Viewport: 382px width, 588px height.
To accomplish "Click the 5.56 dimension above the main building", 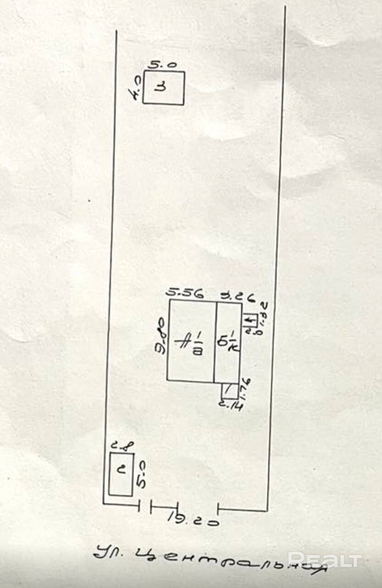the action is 185,293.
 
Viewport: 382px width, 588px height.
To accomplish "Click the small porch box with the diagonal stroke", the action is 229,390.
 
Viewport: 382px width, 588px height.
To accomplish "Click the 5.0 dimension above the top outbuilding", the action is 165,65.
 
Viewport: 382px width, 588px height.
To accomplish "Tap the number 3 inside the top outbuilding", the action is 161,87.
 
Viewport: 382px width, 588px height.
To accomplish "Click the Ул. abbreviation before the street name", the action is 108,553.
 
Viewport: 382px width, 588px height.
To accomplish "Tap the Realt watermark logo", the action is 325,560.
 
